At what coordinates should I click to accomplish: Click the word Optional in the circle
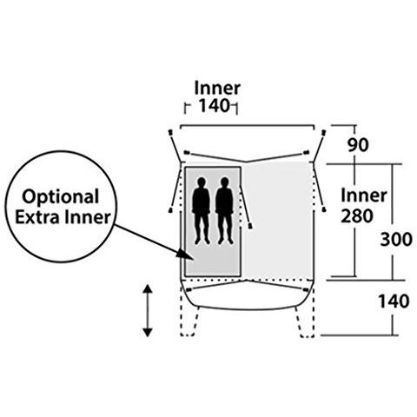click(x=61, y=198)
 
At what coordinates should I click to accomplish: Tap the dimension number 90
click(x=358, y=145)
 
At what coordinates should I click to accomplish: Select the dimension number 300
click(x=396, y=240)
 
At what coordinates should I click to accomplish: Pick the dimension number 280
click(x=357, y=216)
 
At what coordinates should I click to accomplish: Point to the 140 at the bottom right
click(x=394, y=301)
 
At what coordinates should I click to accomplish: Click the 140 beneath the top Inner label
click(x=214, y=106)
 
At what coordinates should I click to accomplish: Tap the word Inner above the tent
click(x=217, y=89)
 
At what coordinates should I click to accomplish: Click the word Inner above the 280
click(x=364, y=195)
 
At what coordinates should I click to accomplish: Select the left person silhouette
click(x=202, y=211)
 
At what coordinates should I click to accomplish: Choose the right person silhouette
click(x=224, y=211)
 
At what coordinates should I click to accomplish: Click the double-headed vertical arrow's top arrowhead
click(x=148, y=289)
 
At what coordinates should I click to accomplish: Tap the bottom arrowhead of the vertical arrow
click(x=148, y=332)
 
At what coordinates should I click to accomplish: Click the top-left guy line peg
click(x=170, y=132)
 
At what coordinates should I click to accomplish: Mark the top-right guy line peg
click(x=324, y=132)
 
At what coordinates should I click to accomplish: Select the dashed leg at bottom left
click(x=189, y=321)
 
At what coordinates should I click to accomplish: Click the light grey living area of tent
click(x=277, y=220)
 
